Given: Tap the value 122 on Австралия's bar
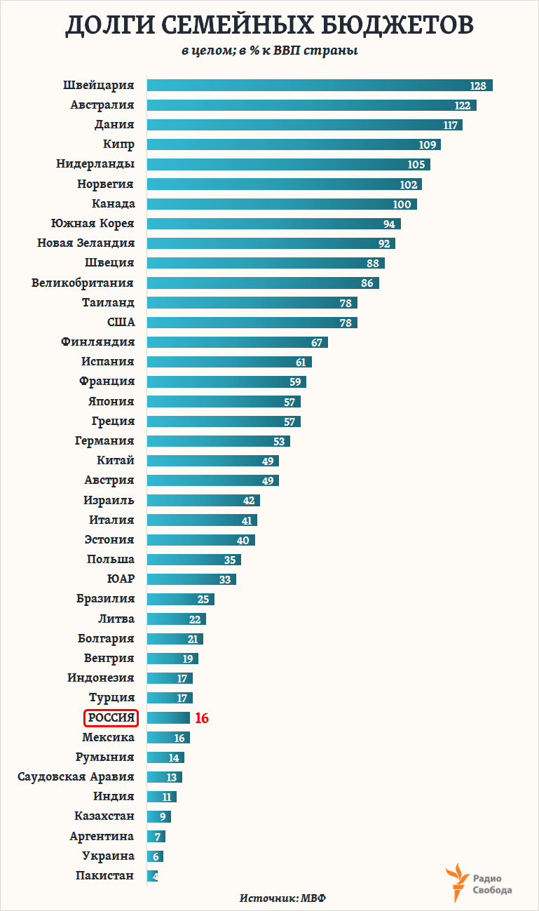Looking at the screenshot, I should pyautogui.click(x=462, y=105).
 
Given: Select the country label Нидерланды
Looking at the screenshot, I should pyautogui.click(x=95, y=164).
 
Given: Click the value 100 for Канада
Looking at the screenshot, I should pyautogui.click(x=402, y=204).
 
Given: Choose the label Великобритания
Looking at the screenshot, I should pyautogui.click(x=83, y=283).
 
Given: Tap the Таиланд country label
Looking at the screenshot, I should pyautogui.click(x=108, y=303).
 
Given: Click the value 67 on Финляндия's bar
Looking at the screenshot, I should pyautogui.click(x=317, y=342).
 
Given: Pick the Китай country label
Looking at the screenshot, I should pyautogui.click(x=116, y=461).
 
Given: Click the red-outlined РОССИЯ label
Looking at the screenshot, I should pyautogui.click(x=111, y=718).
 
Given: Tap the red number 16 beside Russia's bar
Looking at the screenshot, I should pyautogui.click(x=202, y=718).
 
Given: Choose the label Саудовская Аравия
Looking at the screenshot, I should pyautogui.click(x=76, y=777).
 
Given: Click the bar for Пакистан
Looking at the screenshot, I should pyautogui.click(x=152, y=876).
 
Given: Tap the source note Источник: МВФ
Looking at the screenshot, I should pyautogui.click(x=283, y=898).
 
